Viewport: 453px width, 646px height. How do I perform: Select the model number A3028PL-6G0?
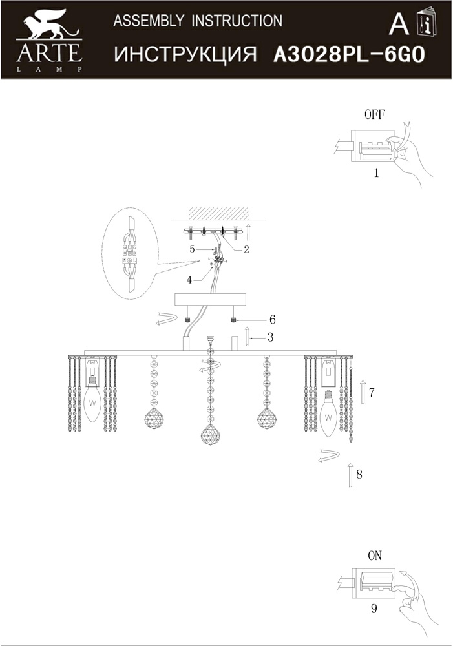pyautogui.click(x=349, y=54)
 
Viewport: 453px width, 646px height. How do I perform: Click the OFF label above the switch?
pyautogui.click(x=374, y=114)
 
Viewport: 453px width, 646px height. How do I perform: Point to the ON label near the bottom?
pyautogui.click(x=375, y=556)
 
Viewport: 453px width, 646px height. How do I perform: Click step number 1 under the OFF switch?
pyautogui.click(x=376, y=173)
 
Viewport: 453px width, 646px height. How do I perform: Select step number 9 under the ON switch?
pyautogui.click(x=374, y=608)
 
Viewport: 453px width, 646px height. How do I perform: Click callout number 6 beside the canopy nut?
pyautogui.click(x=272, y=319)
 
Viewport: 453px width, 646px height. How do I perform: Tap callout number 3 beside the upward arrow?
pyautogui.click(x=270, y=337)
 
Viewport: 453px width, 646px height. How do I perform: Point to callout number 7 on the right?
pyautogui.click(x=372, y=393)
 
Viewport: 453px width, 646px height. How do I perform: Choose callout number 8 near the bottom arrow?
pyautogui.click(x=359, y=474)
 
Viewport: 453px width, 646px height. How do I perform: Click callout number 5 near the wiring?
pyautogui.click(x=192, y=249)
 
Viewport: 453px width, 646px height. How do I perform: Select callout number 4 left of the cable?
pyautogui.click(x=189, y=280)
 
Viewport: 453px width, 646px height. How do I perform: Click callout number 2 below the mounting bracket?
pyautogui.click(x=246, y=249)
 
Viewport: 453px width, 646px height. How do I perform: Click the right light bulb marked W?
pyautogui.click(x=328, y=415)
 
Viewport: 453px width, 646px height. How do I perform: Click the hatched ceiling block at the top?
pyautogui.click(x=218, y=213)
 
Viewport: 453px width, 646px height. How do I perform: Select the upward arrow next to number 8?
pyautogui.click(x=350, y=475)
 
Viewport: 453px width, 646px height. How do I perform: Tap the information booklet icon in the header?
pyautogui.click(x=427, y=21)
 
